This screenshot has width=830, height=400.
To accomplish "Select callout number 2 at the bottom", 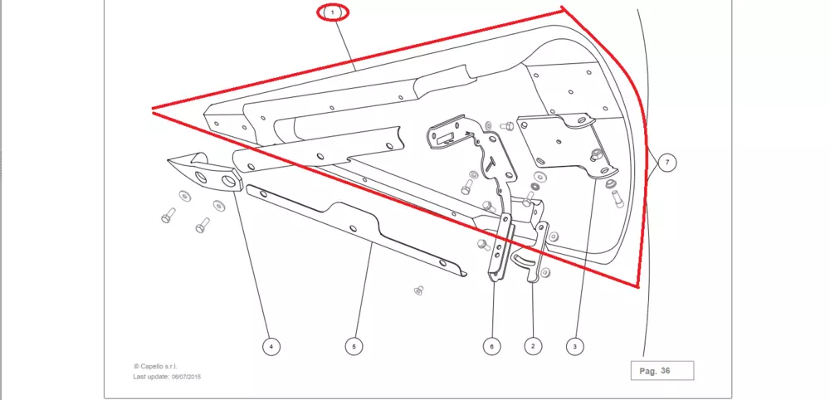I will [532, 344].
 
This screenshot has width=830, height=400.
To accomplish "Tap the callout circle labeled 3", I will [574, 344].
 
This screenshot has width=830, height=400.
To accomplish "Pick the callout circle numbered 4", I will [269, 345].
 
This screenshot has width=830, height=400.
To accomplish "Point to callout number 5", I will [354, 345].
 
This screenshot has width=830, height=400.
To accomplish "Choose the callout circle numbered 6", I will [491, 344].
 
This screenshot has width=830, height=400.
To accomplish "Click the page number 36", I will [666, 371].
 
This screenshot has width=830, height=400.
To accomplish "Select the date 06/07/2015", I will [187, 377].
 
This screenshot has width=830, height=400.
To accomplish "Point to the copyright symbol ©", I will [136, 366].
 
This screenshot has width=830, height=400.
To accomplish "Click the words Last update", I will [150, 377].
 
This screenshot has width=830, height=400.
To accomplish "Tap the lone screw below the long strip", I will [418, 290].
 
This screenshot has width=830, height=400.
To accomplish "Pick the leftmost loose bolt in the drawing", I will [167, 216].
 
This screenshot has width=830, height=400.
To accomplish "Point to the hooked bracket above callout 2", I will [535, 253].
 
